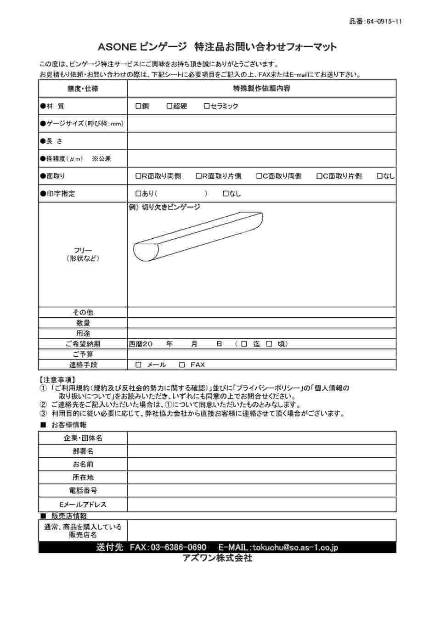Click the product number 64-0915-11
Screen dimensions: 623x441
click(x=384, y=22)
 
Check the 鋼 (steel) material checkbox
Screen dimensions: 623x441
click(x=138, y=106)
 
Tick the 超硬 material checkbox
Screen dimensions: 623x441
click(x=169, y=106)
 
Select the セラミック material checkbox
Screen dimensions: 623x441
click(x=207, y=106)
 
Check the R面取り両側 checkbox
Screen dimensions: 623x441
click(x=138, y=176)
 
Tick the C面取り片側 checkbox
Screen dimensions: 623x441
click(x=319, y=176)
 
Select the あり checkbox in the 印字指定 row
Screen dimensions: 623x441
click(x=138, y=194)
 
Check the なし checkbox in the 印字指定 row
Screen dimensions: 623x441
click(x=226, y=194)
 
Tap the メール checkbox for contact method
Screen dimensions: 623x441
click(x=139, y=365)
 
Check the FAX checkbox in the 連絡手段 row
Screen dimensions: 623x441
click(x=182, y=365)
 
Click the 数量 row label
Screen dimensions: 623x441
click(x=83, y=323)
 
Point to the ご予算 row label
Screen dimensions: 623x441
click(x=83, y=354)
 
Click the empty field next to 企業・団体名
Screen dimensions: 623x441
click(x=261, y=438)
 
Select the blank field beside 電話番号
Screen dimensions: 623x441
click(x=261, y=491)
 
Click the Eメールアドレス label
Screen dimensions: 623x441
click(x=83, y=504)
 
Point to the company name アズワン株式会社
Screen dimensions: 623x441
click(x=217, y=558)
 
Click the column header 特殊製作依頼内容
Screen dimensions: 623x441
click(x=261, y=88)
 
